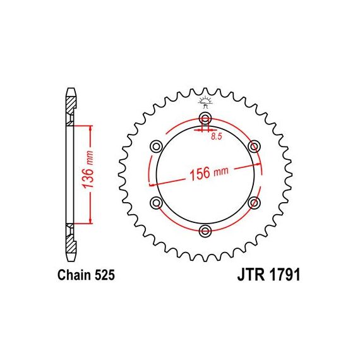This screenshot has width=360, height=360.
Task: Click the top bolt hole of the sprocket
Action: [x=205, y=118]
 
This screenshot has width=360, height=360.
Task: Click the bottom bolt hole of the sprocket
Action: [x=205, y=230]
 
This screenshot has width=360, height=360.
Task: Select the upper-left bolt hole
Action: [x=157, y=147]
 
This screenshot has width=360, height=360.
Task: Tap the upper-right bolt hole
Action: [x=254, y=147]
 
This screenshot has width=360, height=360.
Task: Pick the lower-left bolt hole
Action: [x=157, y=203]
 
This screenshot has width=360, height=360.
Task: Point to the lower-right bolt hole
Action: [x=254, y=203]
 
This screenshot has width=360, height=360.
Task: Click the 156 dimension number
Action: [x=200, y=174]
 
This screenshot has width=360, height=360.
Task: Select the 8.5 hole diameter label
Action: [x=217, y=137]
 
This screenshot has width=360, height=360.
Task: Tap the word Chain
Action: [x=74, y=275]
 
